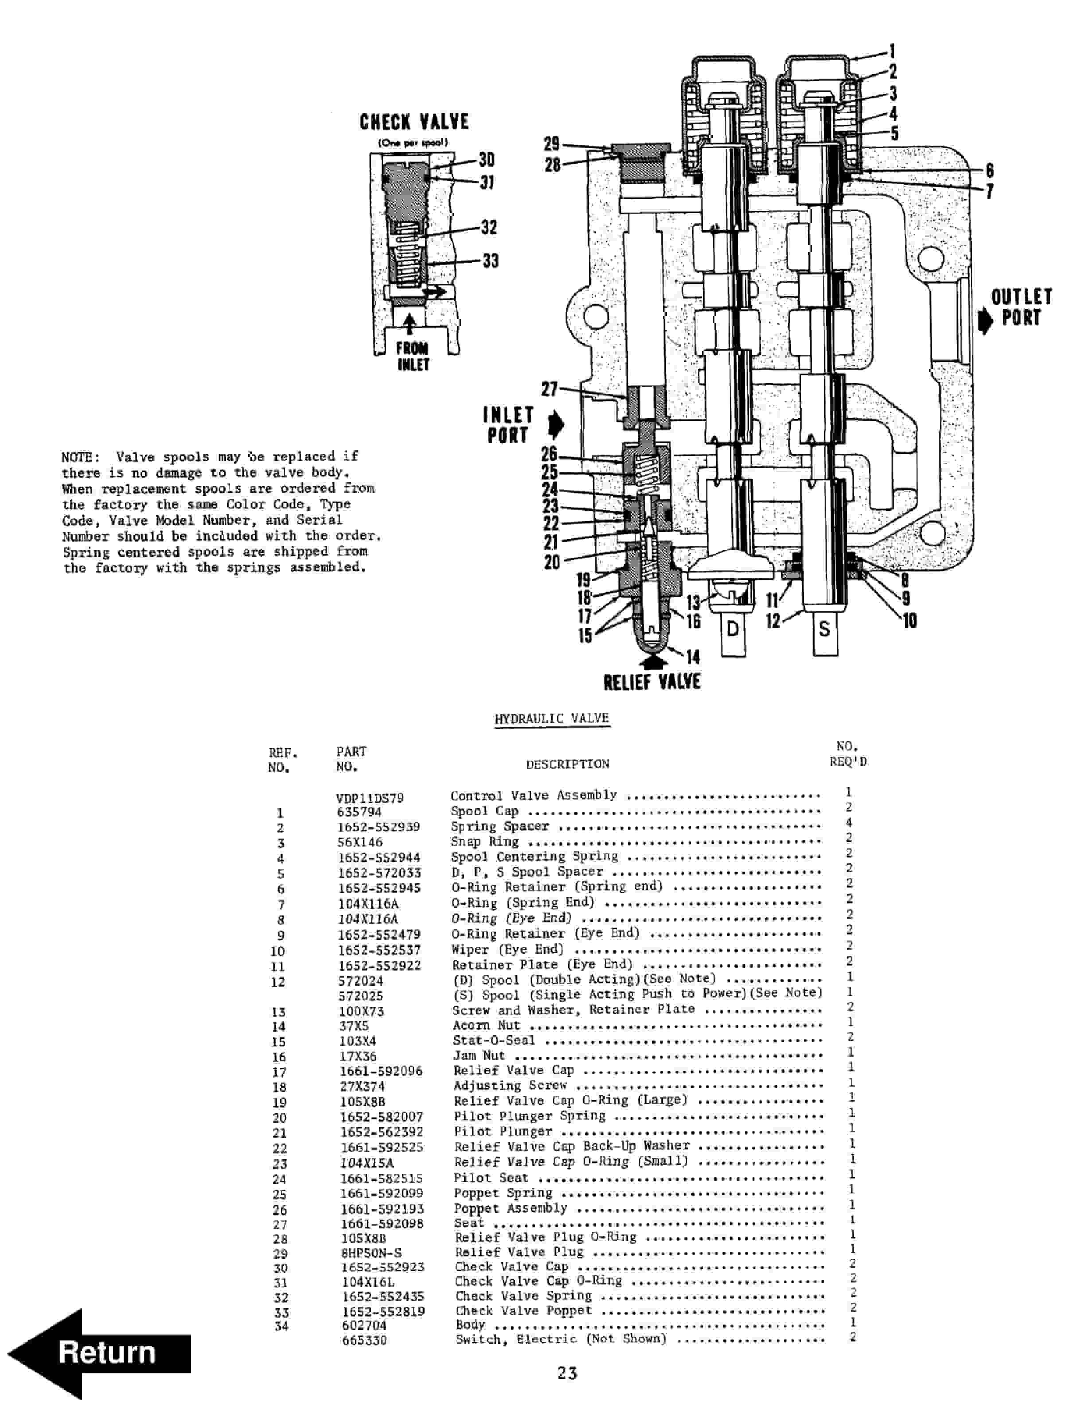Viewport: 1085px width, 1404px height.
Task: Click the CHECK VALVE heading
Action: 414,122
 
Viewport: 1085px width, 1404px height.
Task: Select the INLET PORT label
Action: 508,425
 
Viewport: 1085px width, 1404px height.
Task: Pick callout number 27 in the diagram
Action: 550,389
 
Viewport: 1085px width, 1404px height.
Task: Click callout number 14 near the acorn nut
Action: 692,656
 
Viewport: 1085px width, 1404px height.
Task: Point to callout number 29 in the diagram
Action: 551,143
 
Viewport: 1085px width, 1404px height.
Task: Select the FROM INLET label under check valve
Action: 412,356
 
